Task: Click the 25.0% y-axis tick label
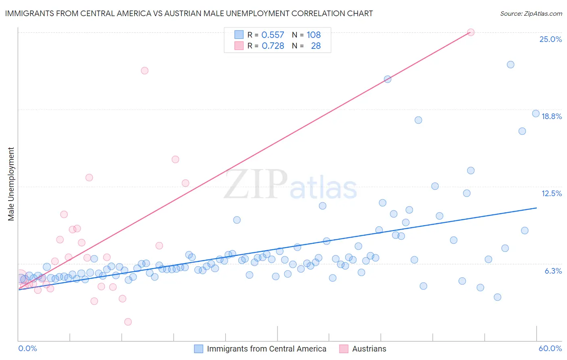[x=550, y=39]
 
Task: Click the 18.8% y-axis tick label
[x=551, y=116]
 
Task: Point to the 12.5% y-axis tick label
[x=551, y=193]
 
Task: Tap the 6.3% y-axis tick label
[x=553, y=271]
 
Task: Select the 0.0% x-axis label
[x=27, y=348]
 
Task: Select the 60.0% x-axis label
[x=550, y=348]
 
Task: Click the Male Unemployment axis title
[x=11, y=184]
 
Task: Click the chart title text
[x=189, y=13]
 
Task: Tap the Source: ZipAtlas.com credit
[x=531, y=13]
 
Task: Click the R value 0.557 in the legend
[x=273, y=35]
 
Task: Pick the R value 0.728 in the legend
[x=273, y=46]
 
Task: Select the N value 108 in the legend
[x=313, y=35]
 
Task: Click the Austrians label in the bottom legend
[x=369, y=349]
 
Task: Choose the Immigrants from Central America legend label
[x=266, y=349]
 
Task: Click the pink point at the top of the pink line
[x=471, y=32]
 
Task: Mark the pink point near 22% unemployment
[x=144, y=71]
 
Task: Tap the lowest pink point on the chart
[x=128, y=322]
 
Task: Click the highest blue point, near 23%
[x=511, y=65]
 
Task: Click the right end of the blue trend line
[x=536, y=208]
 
